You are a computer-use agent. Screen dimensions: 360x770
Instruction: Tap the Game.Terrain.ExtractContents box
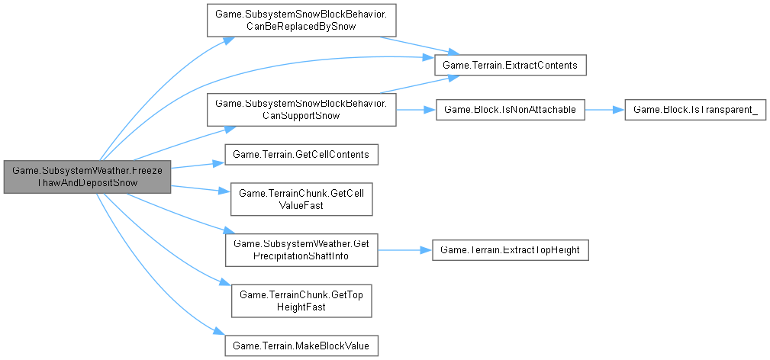510,66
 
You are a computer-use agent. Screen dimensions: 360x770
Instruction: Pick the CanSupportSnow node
301,110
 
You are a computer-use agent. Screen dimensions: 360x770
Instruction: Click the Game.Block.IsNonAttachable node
510,111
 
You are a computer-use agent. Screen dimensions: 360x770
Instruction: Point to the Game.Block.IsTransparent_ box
694,111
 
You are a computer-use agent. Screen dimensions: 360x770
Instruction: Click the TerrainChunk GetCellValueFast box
301,199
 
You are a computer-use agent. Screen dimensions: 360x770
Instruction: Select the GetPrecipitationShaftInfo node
301,249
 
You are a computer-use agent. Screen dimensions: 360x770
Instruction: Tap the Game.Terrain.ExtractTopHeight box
510,249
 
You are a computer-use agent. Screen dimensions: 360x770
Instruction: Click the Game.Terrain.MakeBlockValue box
301,345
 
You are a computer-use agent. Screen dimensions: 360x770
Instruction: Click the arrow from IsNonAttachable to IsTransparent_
604,111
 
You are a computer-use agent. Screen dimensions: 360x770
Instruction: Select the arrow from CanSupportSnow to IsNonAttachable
414,111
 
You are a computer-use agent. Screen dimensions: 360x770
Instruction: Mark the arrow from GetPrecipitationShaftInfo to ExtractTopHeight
404,249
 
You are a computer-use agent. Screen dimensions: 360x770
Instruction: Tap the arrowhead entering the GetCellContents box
219,161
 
